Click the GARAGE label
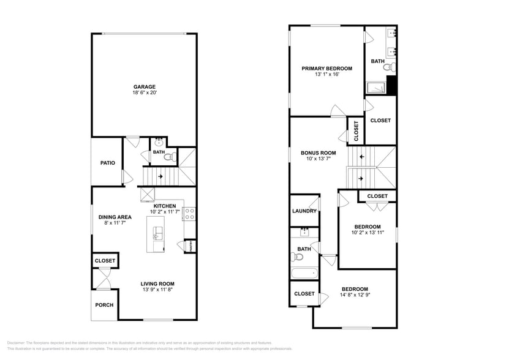[145, 86]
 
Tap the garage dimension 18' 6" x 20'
[145, 93]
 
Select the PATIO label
[108, 163]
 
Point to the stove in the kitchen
[190, 214]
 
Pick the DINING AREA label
[116, 217]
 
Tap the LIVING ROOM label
[157, 283]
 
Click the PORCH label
[104, 305]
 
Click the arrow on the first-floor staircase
[160, 177]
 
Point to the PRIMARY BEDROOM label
[326, 69]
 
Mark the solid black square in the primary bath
[392, 86]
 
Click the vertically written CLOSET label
[356, 131]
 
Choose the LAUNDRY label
[304, 211]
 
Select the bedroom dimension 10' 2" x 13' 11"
[368, 233]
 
